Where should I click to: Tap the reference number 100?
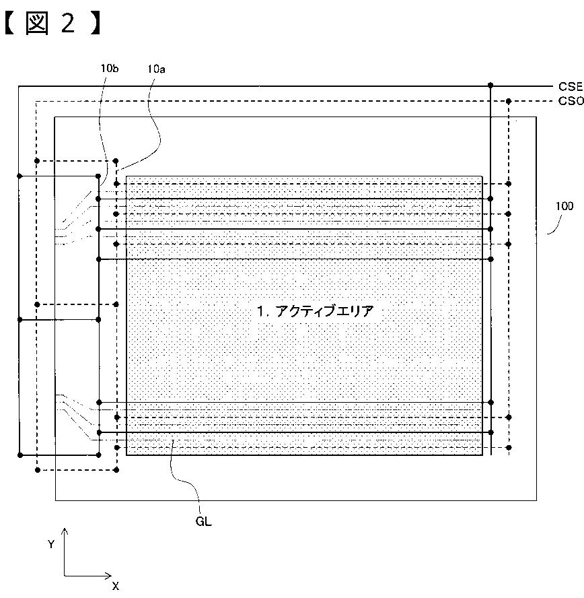[564, 206]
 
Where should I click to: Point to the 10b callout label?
[110, 67]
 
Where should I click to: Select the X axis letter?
[115, 586]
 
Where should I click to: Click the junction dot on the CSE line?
[491, 86]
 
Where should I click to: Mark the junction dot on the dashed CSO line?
[509, 101]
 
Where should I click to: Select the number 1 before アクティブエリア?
[260, 311]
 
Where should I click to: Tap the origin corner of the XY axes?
[65, 576]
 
